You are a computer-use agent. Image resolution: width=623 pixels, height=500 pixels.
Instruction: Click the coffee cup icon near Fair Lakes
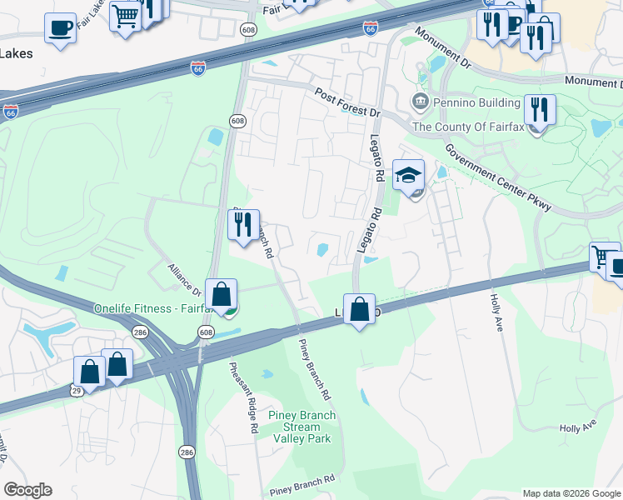tap(60, 27)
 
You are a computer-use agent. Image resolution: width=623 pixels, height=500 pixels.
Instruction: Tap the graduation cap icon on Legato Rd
tap(408, 175)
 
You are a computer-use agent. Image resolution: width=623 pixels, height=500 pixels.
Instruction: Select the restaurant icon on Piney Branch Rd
tap(244, 224)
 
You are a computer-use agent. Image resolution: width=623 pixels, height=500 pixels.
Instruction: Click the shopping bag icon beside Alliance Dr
tap(221, 294)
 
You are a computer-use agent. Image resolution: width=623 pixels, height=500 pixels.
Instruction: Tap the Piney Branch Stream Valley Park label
tap(302, 427)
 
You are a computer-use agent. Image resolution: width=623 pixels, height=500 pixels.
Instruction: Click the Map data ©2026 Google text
tap(571, 492)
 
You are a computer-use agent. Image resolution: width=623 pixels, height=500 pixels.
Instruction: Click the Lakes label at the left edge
tap(17, 54)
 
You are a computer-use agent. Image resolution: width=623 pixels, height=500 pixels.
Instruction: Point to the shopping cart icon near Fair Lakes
tap(125, 15)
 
